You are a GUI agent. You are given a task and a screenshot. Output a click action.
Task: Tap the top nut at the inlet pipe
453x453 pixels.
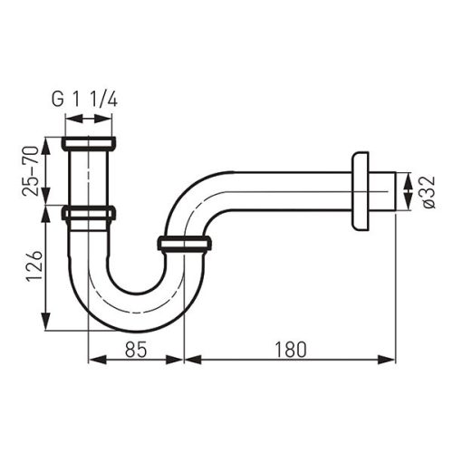pos(89,143)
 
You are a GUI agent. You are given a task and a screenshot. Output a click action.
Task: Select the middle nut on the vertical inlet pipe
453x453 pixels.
pos(89,214)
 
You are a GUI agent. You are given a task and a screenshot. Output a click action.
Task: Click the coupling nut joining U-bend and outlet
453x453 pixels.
pos(184,243)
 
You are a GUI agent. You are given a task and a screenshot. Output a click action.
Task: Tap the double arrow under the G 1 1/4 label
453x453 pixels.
pos(89,120)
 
